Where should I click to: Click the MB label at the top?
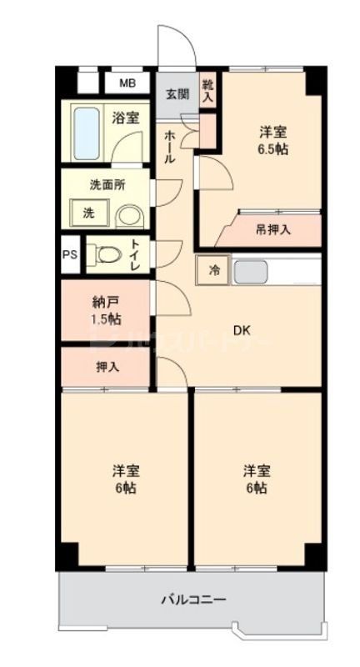(x=127, y=83)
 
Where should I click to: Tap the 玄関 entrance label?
(x=175, y=93)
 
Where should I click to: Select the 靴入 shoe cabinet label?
(x=207, y=91)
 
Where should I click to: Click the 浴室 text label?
(x=125, y=119)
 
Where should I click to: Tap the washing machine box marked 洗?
(x=87, y=213)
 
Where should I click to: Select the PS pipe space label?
(x=69, y=256)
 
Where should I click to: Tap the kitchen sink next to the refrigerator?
(x=249, y=271)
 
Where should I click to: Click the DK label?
(x=241, y=331)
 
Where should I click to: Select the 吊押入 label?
(x=273, y=229)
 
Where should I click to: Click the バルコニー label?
(x=192, y=599)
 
